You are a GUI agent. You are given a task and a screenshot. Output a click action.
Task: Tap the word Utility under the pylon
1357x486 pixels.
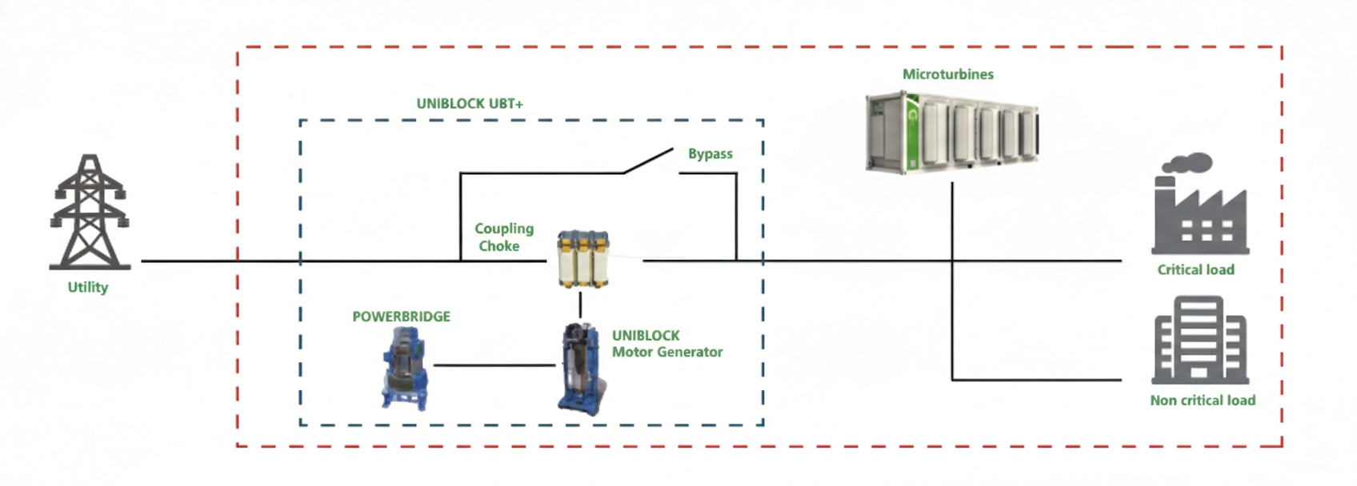point(88,287)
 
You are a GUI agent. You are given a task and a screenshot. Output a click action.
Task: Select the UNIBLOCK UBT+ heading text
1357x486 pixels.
point(470,104)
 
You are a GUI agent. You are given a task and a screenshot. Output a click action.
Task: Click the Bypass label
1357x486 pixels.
point(710,153)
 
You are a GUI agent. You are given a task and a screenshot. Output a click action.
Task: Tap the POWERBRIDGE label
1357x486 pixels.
point(401,317)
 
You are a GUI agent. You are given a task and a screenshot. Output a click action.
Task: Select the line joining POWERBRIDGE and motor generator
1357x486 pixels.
point(494,365)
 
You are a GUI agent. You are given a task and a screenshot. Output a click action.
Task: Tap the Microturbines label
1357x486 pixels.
point(947,74)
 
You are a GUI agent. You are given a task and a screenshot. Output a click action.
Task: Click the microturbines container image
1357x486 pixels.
point(952,133)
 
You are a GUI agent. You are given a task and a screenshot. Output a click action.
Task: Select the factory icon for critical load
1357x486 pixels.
point(1199,216)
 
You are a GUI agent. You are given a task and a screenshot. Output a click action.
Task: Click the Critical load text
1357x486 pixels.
point(1195,270)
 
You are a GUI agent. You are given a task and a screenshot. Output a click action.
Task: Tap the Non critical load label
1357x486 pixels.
point(1202,400)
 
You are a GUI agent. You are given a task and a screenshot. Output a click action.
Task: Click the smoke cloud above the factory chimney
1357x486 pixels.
point(1187,163)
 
